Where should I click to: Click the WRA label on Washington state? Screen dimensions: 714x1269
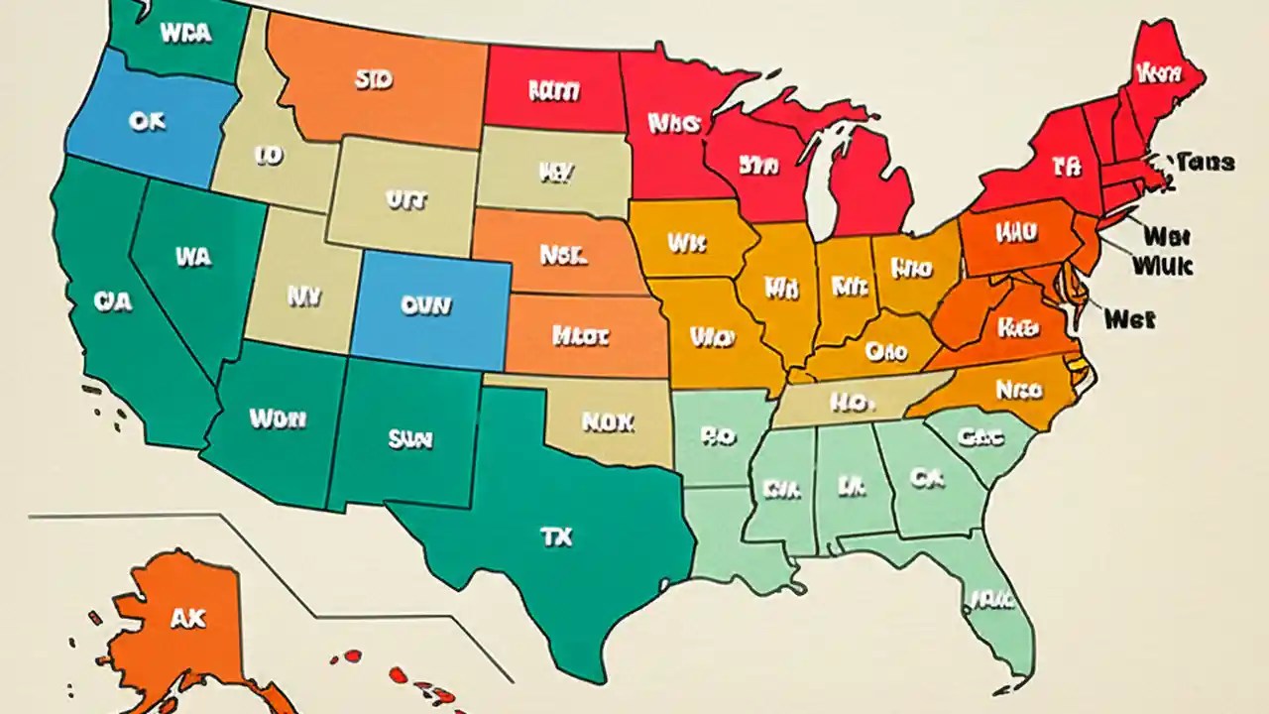click(x=184, y=33)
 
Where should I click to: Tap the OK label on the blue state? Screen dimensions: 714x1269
click(x=147, y=121)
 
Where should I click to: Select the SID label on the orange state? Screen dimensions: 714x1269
click(x=372, y=80)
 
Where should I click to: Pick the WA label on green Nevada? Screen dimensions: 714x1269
click(x=193, y=257)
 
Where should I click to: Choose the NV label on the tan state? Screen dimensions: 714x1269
click(x=299, y=296)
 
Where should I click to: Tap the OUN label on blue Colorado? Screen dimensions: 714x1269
click(x=426, y=306)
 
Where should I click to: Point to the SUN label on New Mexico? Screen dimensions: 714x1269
click(x=409, y=438)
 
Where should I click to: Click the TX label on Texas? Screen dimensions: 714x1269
click(x=555, y=536)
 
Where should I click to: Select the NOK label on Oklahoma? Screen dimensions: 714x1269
click(x=607, y=422)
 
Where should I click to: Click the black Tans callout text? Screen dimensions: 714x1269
click(x=1205, y=162)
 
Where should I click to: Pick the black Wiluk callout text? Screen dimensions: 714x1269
click(x=1162, y=265)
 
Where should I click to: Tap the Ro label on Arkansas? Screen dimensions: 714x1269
click(x=717, y=434)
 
